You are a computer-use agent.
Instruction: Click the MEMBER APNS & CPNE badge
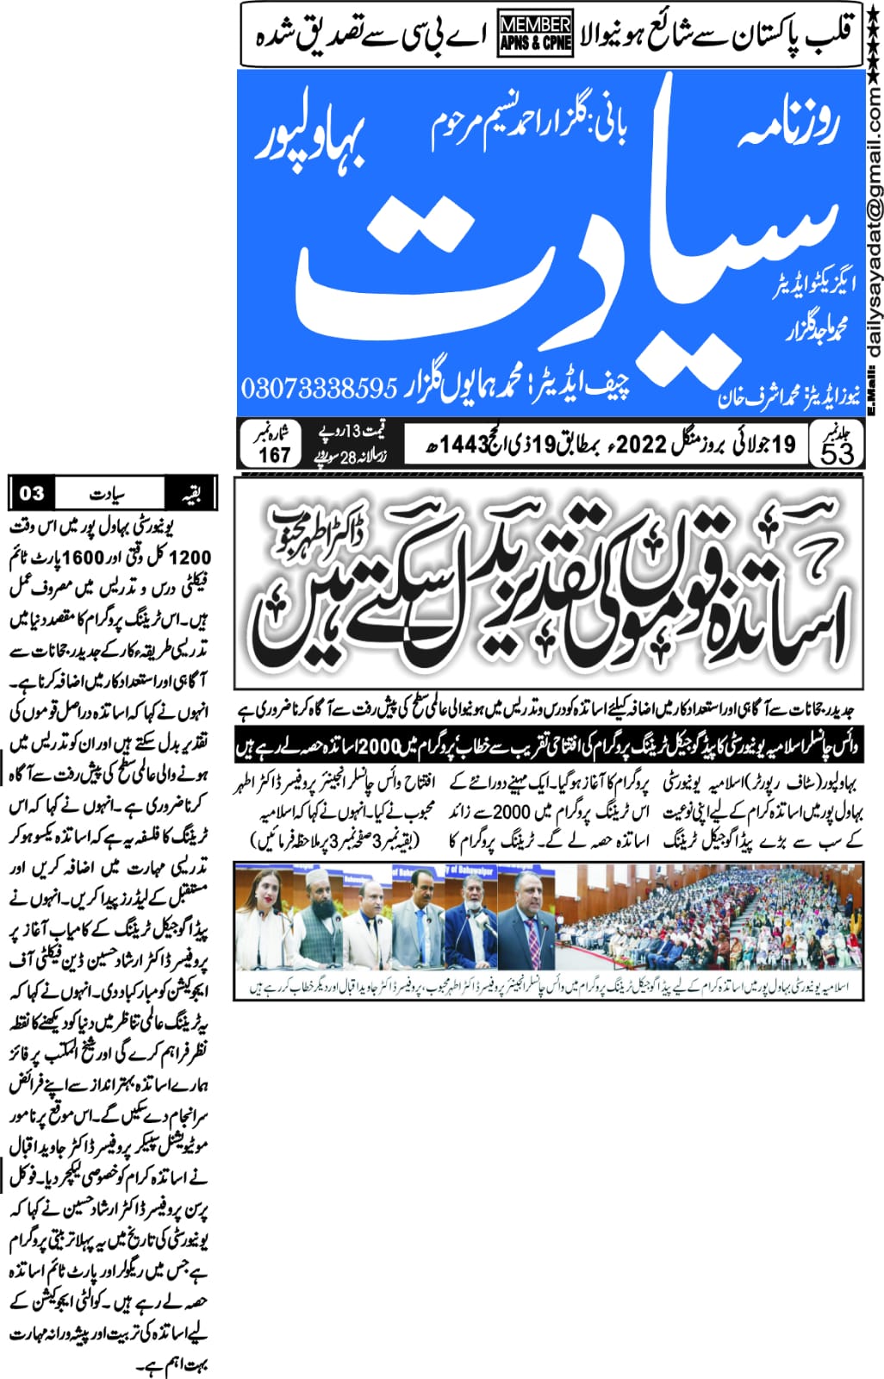[x=535, y=34]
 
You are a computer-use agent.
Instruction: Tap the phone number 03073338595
[x=319, y=388]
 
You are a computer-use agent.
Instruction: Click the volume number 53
[x=836, y=453]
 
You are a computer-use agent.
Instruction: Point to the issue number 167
[x=274, y=454]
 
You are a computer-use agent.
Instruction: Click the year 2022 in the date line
[x=641, y=444]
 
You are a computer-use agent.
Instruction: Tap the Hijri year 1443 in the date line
[x=464, y=445]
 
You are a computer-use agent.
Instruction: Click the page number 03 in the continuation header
[x=32, y=493]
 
